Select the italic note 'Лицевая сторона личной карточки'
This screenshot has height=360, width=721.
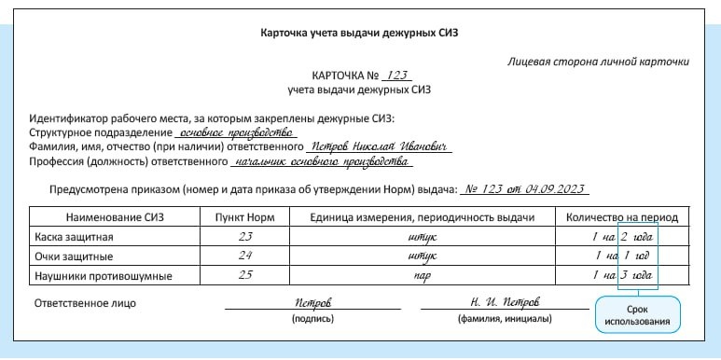click(599, 62)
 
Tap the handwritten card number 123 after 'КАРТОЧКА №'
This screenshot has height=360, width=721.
click(395, 76)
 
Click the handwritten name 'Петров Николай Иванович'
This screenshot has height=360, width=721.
click(379, 146)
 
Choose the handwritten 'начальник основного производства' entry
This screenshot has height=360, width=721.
click(322, 161)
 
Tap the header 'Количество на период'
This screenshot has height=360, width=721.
click(621, 217)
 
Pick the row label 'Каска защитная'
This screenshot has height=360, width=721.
click(74, 237)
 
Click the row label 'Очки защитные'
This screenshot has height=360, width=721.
click(74, 256)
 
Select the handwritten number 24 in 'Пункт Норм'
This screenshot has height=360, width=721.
click(246, 256)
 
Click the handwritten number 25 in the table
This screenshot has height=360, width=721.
click(246, 276)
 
